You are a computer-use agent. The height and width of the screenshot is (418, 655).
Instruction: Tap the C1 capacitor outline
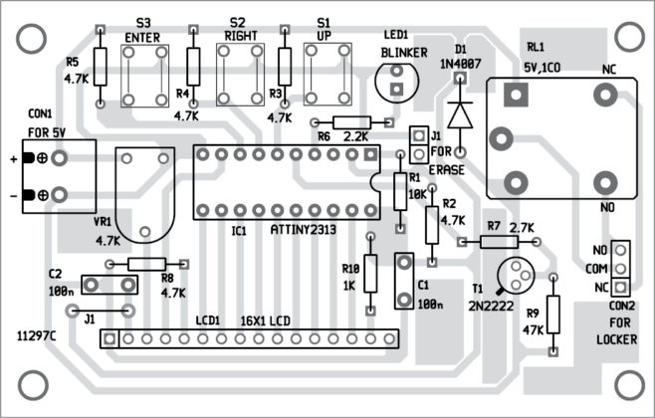405,280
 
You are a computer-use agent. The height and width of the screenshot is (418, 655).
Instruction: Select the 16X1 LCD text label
268,320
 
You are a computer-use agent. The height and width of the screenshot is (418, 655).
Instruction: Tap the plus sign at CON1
12,158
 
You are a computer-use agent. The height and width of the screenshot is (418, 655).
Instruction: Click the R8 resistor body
146,263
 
